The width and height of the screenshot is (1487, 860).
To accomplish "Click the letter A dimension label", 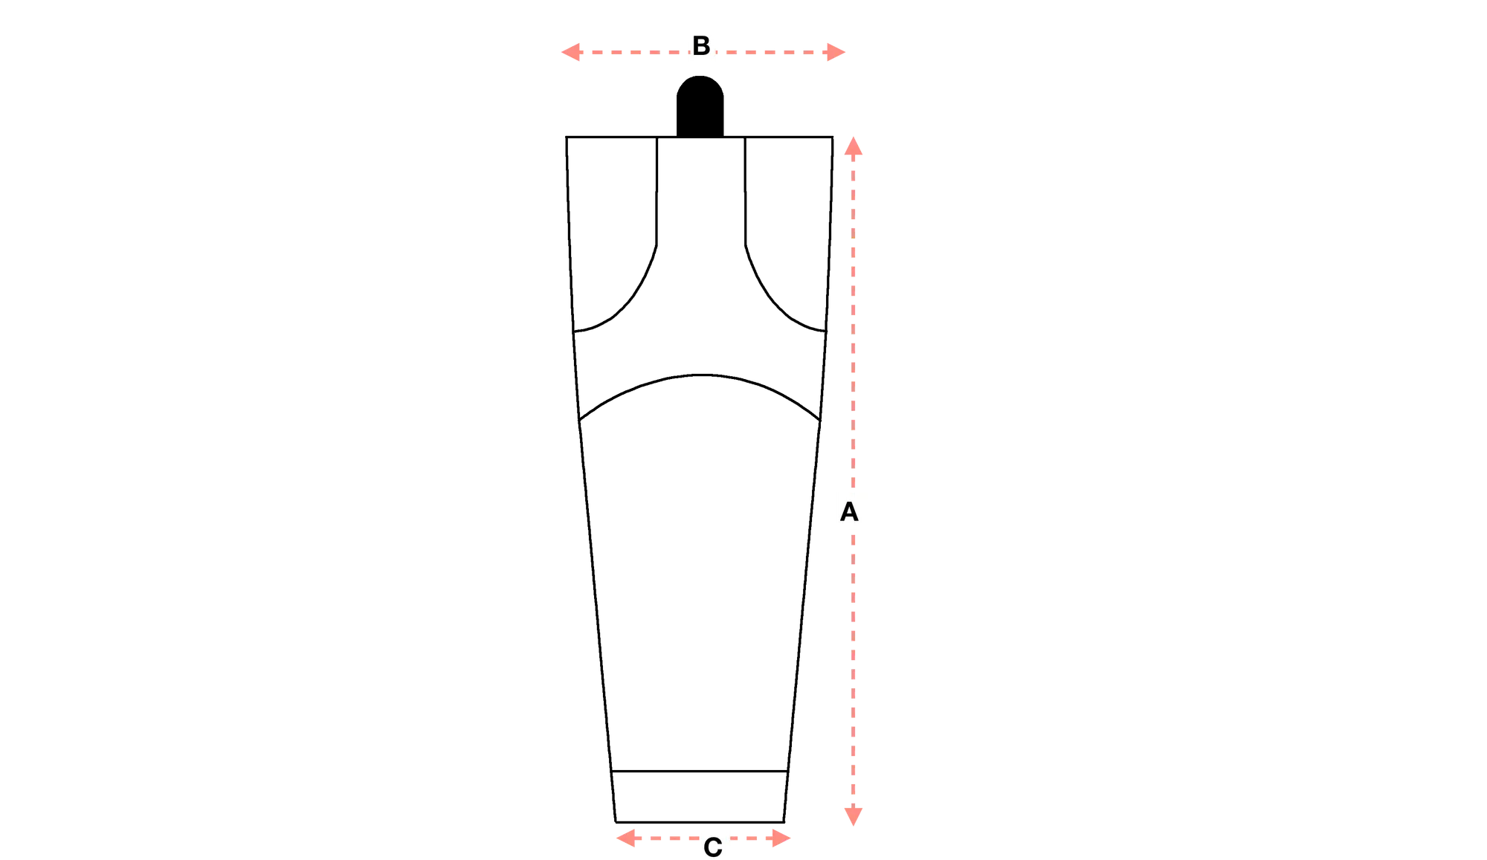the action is (849, 512).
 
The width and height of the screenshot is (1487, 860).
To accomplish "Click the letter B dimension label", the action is (701, 45).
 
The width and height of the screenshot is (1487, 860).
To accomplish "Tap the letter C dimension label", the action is (712, 847).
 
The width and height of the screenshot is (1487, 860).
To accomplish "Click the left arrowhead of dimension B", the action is (570, 52).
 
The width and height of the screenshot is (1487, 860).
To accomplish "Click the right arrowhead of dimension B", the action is (836, 52).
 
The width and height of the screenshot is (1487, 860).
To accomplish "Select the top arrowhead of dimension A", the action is (854, 146).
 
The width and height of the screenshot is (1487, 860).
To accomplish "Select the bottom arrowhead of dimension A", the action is (854, 816).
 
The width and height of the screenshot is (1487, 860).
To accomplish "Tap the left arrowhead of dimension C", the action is (626, 838).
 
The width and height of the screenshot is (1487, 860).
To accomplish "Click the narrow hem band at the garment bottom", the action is (700, 797).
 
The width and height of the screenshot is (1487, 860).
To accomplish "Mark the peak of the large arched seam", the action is (700, 375).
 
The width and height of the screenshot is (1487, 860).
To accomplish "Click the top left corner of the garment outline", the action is (567, 137).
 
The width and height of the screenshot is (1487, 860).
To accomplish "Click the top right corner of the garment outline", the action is (833, 137).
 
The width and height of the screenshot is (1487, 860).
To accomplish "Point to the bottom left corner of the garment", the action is (616, 822).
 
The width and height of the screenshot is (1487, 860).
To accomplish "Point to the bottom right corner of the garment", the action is (784, 822).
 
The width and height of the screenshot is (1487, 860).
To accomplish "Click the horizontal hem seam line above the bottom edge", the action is (700, 772).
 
